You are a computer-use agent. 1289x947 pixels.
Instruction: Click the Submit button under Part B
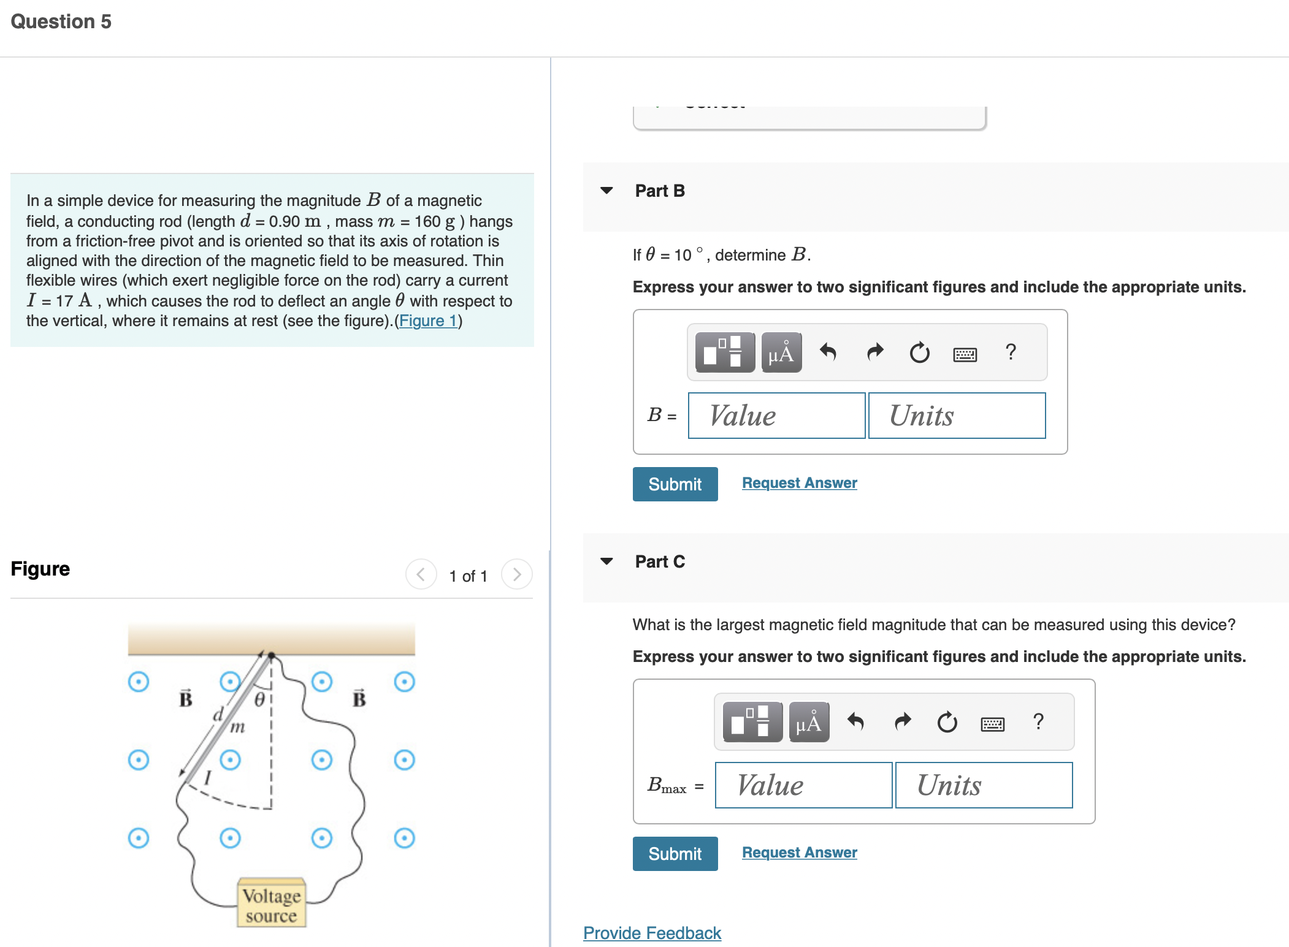[x=675, y=484]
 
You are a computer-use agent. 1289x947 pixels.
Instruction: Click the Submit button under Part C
[x=675, y=854]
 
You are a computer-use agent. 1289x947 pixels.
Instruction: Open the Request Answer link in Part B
[x=799, y=483]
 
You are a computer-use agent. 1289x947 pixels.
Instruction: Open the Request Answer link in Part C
[x=799, y=853]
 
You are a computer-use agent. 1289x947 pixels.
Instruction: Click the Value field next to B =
[x=776, y=416]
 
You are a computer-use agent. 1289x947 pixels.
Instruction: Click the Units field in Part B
[x=957, y=416]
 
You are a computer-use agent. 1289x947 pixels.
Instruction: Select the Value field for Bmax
[x=803, y=785]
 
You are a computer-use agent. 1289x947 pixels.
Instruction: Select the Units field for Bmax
[x=984, y=785]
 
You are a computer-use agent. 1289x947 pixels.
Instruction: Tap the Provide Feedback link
[x=652, y=933]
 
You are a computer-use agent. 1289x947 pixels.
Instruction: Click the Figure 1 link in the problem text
[x=428, y=321]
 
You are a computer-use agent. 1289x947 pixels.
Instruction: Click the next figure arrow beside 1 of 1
[x=516, y=574]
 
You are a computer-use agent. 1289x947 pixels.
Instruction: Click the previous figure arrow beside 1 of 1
[x=421, y=574]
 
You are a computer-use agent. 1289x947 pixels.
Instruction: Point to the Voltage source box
[x=272, y=905]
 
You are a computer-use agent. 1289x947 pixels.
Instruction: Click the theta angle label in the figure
[x=259, y=699]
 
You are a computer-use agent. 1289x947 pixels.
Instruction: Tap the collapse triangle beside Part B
[x=606, y=191]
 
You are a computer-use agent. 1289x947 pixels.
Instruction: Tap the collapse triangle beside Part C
[x=606, y=561]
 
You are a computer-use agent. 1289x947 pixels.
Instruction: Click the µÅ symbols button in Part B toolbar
[x=781, y=352]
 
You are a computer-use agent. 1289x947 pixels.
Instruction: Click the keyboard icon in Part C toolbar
[x=992, y=724]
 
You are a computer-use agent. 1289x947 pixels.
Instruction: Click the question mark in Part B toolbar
[x=1011, y=352]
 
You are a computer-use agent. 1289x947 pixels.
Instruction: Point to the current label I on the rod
[x=208, y=778]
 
